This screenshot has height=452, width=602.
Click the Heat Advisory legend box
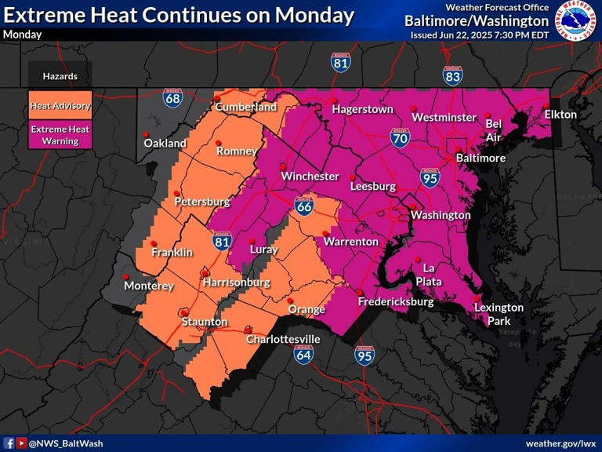click(x=60, y=106)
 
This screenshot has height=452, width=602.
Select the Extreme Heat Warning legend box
click(x=60, y=135)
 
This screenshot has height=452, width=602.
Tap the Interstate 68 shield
click(x=173, y=98)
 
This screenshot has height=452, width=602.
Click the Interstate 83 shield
click(x=452, y=75)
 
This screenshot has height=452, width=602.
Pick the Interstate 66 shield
click(x=305, y=206)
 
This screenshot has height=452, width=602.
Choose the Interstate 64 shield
click(x=305, y=355)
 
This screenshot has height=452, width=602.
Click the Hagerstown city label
click(x=362, y=110)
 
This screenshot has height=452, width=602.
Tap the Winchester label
click(x=310, y=176)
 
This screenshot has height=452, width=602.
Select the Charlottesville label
click(x=283, y=339)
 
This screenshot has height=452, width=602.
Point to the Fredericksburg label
click(x=395, y=301)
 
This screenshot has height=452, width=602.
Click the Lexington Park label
click(x=499, y=314)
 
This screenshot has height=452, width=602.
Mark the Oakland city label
click(x=165, y=144)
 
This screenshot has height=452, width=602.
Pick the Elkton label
click(x=560, y=115)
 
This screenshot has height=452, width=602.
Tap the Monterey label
click(x=149, y=286)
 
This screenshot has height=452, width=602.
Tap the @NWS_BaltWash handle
click(x=66, y=443)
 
